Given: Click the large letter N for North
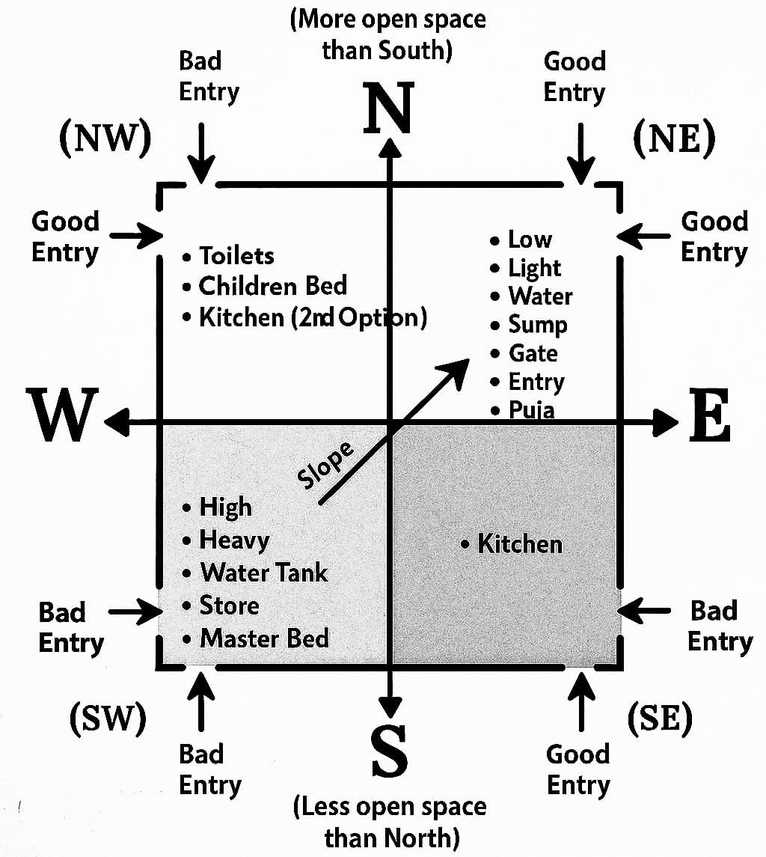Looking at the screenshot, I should tap(388, 109).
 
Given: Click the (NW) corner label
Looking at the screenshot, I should tap(105, 137).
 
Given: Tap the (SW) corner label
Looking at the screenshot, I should tap(107, 719).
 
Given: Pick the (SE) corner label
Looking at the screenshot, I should tap(660, 719).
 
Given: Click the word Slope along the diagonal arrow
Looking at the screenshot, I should tap(326, 466).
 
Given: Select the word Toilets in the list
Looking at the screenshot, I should tap(236, 256).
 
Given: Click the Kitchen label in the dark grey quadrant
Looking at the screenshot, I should tap(520, 543).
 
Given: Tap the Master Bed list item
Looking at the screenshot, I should tap(264, 638).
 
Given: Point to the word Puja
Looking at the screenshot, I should tap(531, 410).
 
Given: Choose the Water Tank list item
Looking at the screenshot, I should tap(264, 573).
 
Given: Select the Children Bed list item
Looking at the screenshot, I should tap(272, 286).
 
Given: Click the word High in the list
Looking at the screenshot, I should tap(225, 507).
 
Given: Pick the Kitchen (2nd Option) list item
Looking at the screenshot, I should tap(312, 317).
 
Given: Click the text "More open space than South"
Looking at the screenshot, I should tap(387, 34).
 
